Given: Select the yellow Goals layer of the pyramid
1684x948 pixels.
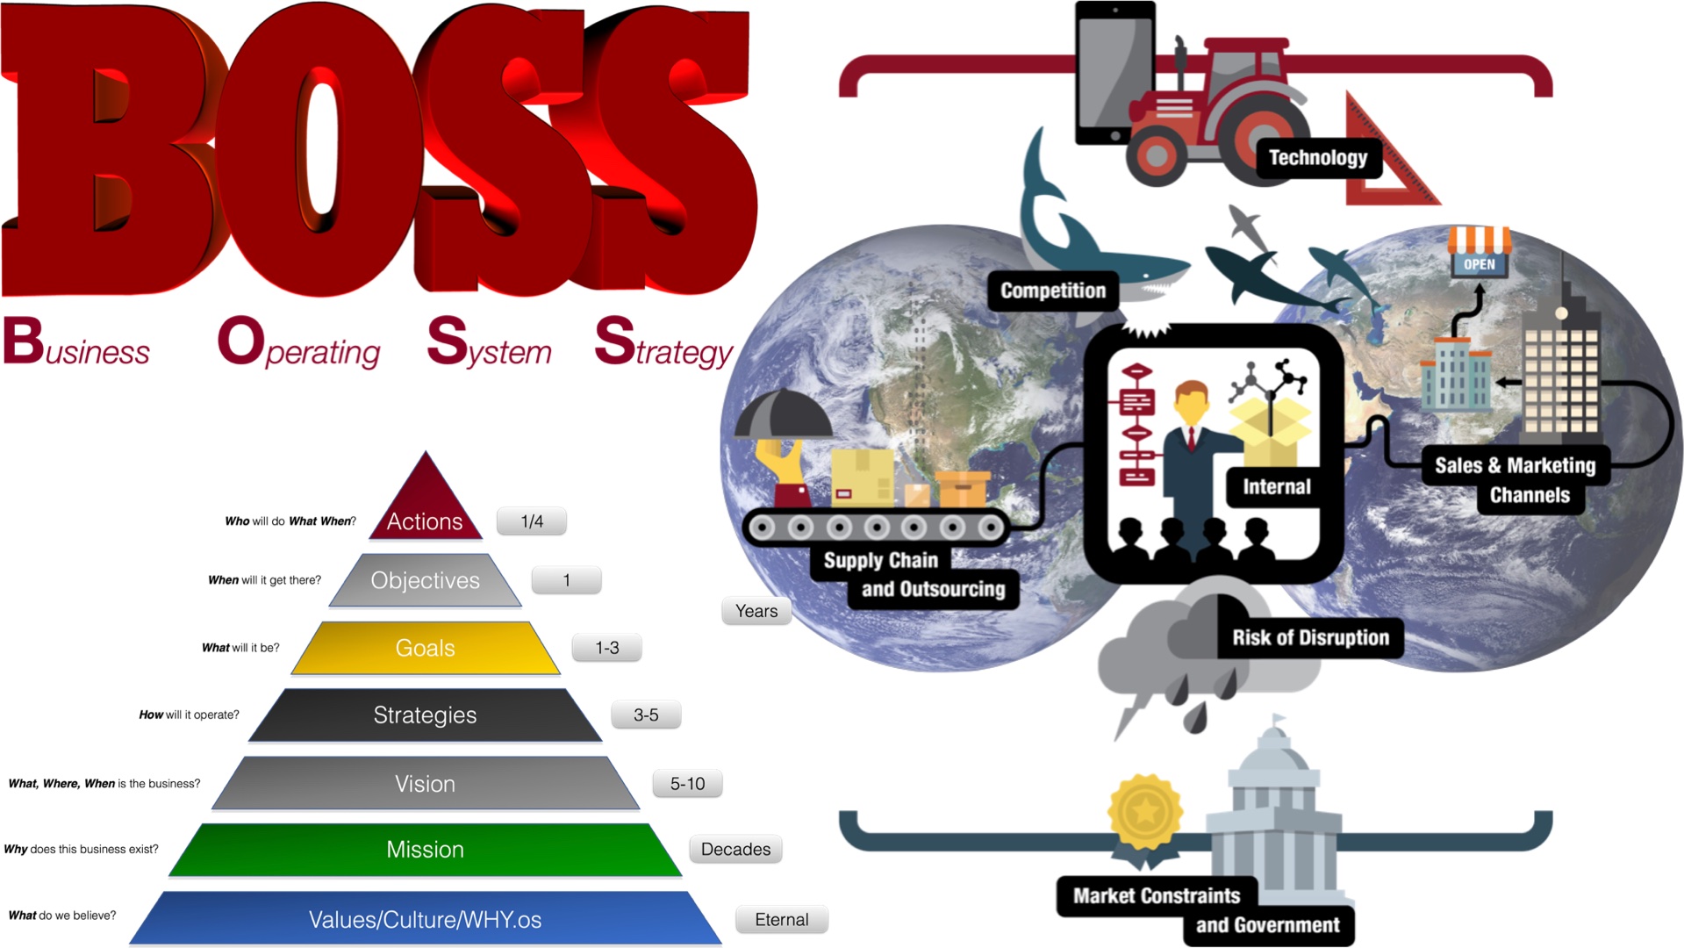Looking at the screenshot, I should pos(426,648).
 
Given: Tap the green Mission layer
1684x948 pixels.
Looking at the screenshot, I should pos(426,849).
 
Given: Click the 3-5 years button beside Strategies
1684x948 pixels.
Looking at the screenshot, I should pos(646,715).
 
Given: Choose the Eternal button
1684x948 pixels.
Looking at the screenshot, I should pos(781,919).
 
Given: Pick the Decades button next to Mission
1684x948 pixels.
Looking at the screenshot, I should pos(735,849).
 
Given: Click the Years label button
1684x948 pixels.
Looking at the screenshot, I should pos(756,611).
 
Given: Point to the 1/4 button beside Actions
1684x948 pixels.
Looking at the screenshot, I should pos(532,521).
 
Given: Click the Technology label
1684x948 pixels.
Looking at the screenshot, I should pos(1317,158).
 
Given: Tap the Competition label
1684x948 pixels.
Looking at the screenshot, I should pos(1052,291).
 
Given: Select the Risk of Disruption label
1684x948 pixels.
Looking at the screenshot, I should pos(1309,637).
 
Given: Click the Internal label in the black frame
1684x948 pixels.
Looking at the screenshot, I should pos(1276,487).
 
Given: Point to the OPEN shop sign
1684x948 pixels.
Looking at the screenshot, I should pos(1479,263).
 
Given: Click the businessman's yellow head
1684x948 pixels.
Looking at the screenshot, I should pos(1191,404).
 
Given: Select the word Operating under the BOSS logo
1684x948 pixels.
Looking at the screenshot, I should pos(298,345).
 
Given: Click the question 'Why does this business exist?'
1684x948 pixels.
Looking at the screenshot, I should pos(82,849).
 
